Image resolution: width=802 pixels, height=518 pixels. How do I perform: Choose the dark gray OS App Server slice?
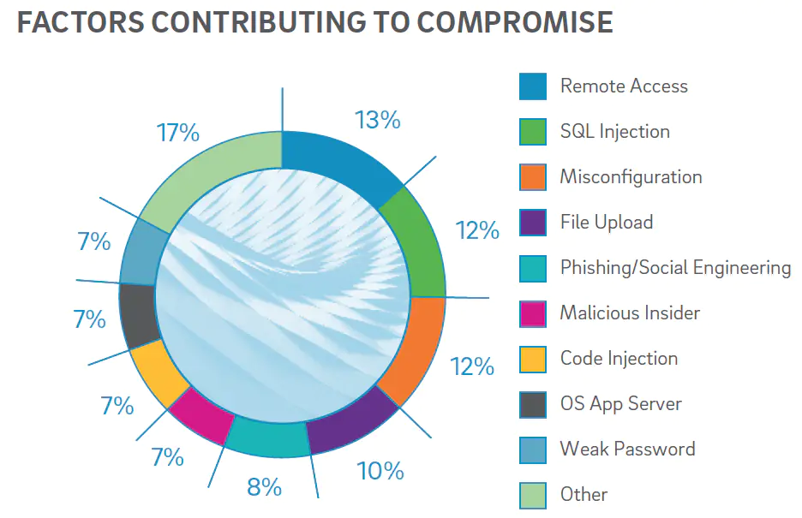coord(136,315)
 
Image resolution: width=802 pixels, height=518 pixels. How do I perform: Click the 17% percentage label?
coord(177,133)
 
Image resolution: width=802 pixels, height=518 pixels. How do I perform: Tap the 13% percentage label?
coord(378,120)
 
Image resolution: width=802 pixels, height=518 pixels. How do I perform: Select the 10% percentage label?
coord(380,470)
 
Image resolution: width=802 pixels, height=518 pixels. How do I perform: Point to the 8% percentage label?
coord(264,487)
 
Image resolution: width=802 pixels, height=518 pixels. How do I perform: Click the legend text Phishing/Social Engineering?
coord(675,267)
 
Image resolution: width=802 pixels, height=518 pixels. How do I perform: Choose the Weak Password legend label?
coord(627,449)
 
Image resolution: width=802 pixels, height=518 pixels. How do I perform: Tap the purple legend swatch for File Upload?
coord(533,223)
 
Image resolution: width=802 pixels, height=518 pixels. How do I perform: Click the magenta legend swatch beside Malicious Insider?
coord(533,313)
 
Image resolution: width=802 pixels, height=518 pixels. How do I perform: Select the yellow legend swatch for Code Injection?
coord(533,359)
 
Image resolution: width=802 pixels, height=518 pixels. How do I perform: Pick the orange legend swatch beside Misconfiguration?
coord(533,177)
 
